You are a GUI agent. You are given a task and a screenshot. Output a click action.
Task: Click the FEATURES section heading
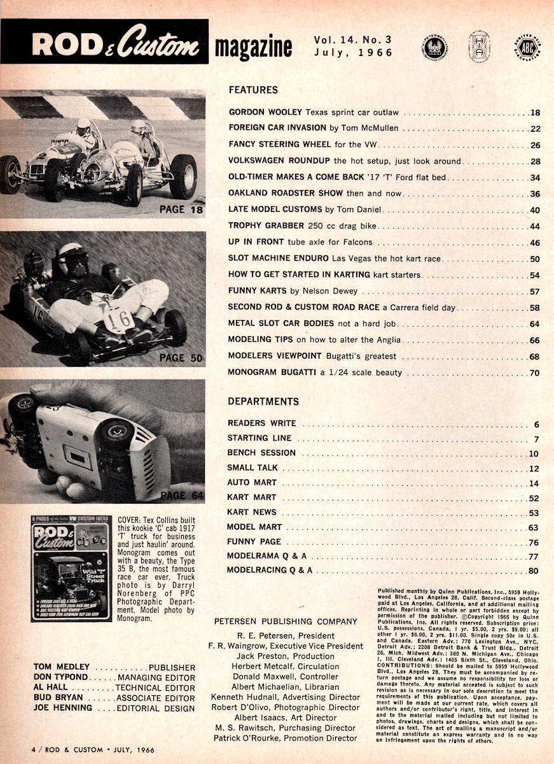click(253, 90)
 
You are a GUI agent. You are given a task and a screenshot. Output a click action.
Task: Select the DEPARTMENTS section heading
click(263, 402)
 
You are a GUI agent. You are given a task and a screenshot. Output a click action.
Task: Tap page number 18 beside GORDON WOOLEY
click(534, 113)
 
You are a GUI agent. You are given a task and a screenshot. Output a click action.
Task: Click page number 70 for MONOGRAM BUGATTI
click(534, 373)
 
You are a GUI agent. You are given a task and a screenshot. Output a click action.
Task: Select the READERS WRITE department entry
click(261, 423)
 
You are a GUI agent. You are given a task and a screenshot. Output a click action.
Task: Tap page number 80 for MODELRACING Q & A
click(533, 570)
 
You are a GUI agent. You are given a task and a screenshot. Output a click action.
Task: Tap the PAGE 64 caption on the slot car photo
click(182, 495)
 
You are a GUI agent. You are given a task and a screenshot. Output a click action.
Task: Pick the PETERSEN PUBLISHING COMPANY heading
click(285, 621)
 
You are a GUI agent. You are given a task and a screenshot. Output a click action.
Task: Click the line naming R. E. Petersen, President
click(285, 635)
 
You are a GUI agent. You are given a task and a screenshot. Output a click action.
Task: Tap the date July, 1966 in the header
click(354, 53)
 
